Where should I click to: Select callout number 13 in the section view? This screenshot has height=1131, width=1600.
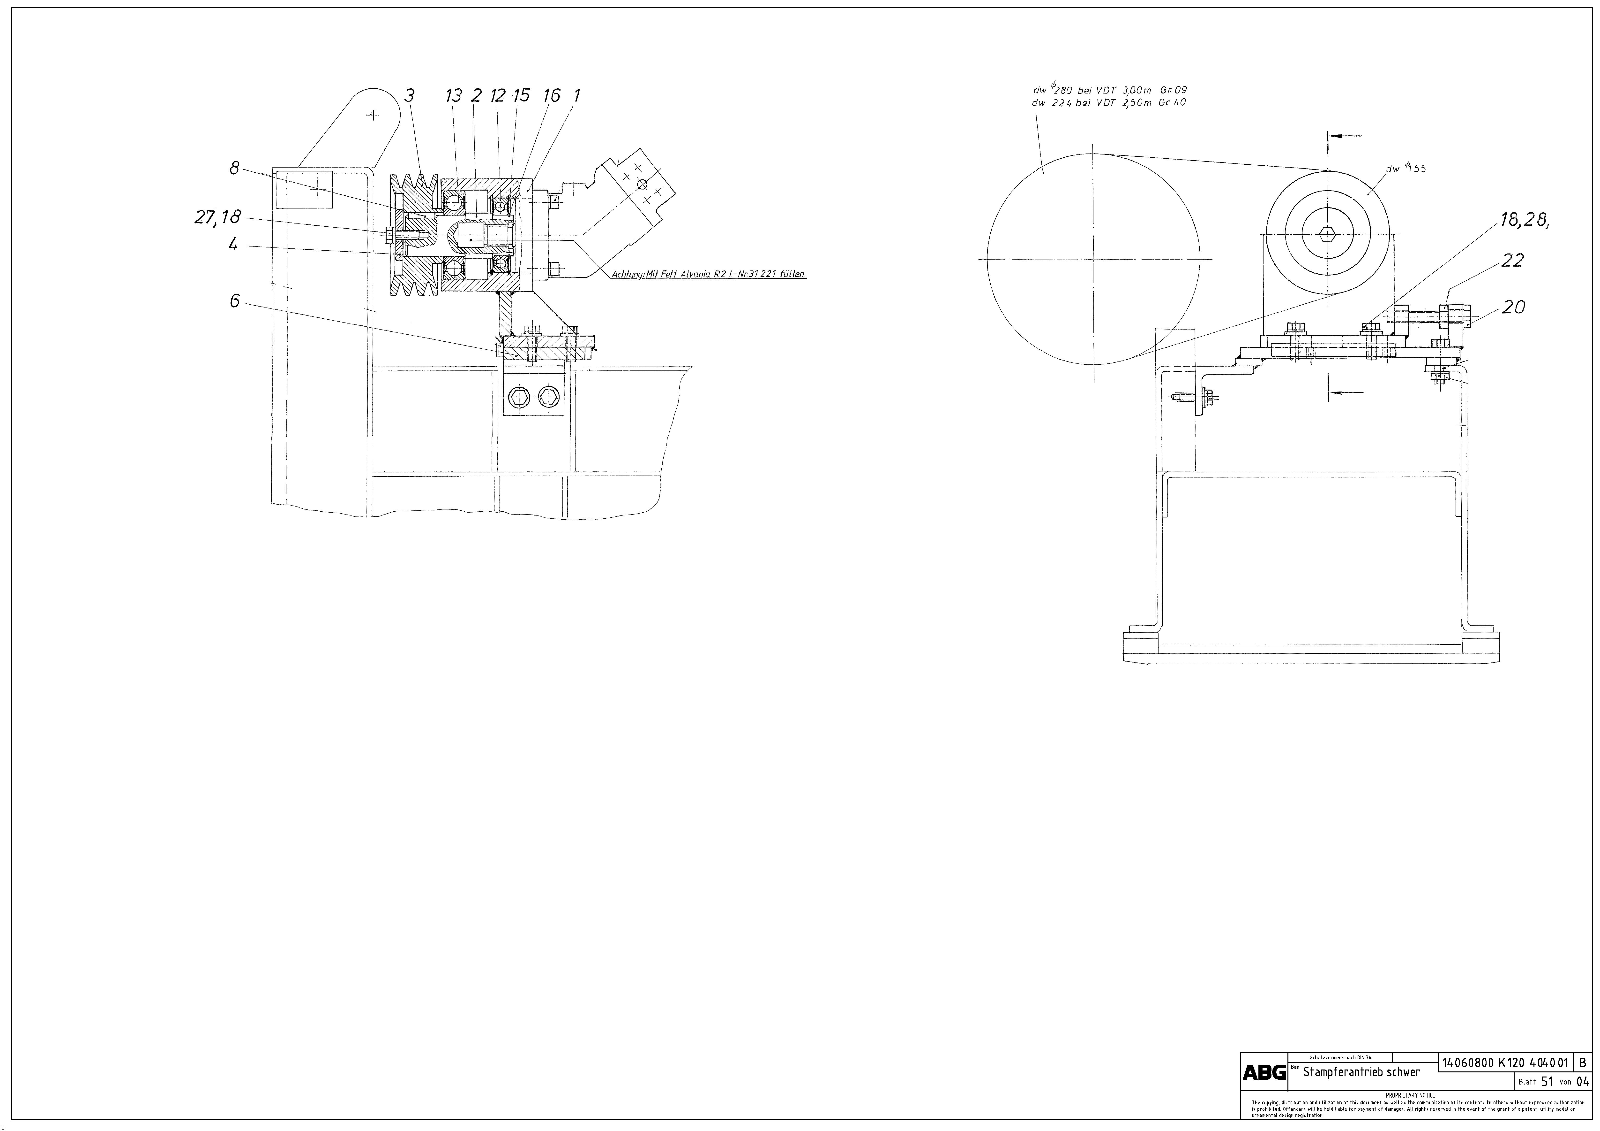coord(454,96)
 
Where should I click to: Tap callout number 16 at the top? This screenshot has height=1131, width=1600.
coord(551,96)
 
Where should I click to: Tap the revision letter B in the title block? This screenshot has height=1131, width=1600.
coord(1583,1082)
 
